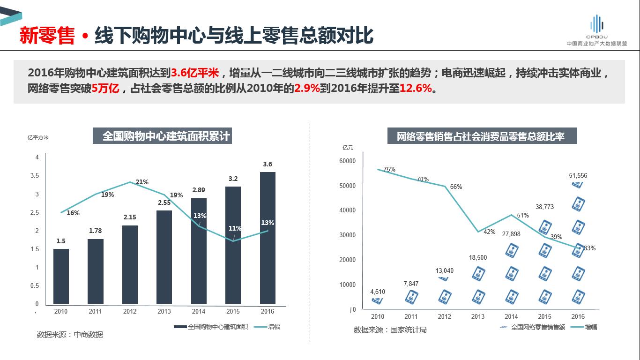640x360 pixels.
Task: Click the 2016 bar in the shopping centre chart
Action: click(268, 238)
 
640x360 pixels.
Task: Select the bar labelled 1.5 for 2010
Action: click(61, 276)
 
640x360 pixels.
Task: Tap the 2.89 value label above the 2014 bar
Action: click(199, 190)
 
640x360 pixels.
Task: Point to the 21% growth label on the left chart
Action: click(141, 182)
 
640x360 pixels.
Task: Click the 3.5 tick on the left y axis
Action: click(35, 176)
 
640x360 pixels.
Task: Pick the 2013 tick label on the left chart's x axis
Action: click(164, 311)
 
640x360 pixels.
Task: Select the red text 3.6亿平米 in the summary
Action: click(194, 73)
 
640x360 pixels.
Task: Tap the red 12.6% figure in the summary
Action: click(416, 88)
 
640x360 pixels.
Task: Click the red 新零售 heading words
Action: click(47, 36)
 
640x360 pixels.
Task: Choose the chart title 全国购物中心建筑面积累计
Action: click(166, 136)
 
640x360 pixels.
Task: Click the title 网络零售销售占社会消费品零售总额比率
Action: click(481, 136)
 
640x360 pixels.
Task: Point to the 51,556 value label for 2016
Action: click(578, 175)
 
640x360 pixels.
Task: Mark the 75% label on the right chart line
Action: click(389, 169)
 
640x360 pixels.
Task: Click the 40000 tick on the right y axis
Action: click(348, 210)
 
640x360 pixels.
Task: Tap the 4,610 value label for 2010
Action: click(378, 292)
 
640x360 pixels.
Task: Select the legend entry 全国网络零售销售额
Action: click(533, 327)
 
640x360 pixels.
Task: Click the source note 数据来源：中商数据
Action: click(70, 335)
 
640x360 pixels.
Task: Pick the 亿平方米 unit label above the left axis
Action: click(38, 137)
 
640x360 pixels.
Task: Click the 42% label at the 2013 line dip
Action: click(489, 232)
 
